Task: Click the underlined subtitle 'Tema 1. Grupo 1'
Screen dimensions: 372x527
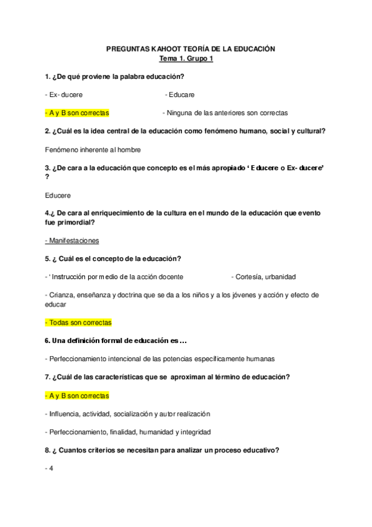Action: pos(186,58)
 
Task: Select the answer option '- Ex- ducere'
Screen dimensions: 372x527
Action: pos(65,95)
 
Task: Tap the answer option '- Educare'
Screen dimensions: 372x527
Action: pos(180,95)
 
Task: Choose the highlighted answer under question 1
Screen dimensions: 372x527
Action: pos(77,113)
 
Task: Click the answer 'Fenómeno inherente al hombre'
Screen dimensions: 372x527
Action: pos(93,150)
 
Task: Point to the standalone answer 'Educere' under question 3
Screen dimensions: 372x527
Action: pos(58,195)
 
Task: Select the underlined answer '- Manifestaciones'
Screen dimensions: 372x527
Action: pos(72,240)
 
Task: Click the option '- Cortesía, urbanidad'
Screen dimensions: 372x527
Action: pos(263,277)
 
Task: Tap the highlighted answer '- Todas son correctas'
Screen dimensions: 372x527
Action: pos(78,323)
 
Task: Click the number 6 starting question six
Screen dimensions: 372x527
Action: pos(47,341)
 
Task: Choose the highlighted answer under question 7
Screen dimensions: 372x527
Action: pos(77,395)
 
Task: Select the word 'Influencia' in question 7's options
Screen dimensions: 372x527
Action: pos(64,413)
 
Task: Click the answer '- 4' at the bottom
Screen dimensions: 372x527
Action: pos(50,468)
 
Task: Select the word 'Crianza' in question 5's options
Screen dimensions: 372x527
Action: pos(60,295)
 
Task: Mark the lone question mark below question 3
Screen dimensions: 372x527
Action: pos(47,177)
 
